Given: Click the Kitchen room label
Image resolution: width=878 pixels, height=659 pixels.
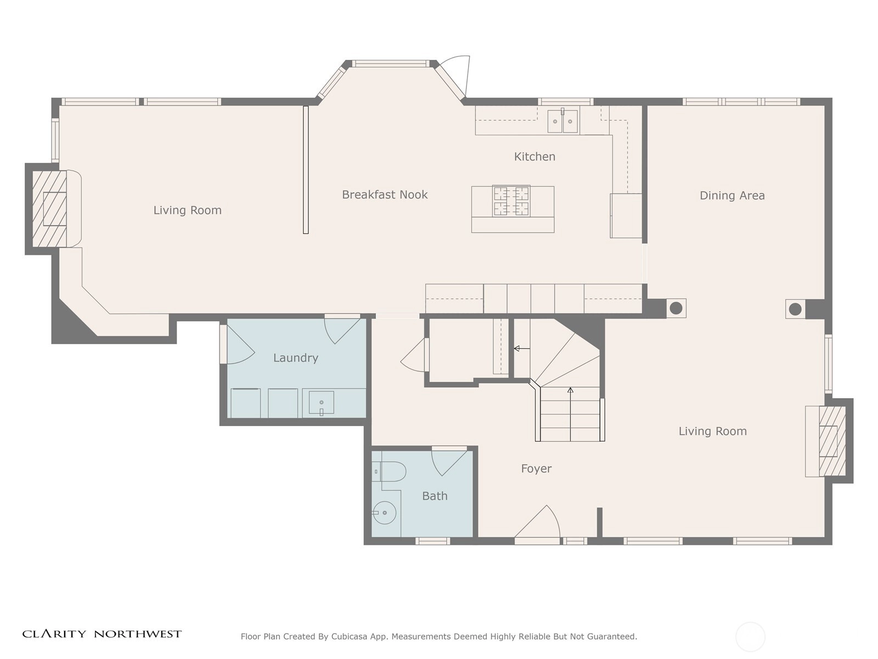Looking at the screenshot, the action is (534, 157).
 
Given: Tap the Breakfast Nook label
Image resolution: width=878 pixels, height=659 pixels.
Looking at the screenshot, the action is (385, 194).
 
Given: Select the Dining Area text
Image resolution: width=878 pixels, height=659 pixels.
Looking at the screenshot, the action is (732, 196).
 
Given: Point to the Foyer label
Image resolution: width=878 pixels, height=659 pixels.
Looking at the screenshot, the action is (536, 468).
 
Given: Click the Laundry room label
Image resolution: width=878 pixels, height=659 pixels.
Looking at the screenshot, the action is (296, 358).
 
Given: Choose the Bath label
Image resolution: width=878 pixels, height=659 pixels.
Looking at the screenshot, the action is (435, 496).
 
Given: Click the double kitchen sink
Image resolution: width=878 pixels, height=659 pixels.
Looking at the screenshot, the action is (562, 121).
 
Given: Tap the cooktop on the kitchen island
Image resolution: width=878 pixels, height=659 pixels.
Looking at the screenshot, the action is (511, 201).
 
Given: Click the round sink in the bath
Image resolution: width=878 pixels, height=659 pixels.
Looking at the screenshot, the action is (384, 512).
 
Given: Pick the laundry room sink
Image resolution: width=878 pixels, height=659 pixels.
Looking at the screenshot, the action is (321, 403).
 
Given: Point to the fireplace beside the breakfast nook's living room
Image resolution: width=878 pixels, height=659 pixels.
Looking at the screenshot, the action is (49, 209).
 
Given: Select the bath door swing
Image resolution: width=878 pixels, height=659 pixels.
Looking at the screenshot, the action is (449, 462).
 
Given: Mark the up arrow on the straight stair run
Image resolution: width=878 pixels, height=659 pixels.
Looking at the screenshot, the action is (570, 414).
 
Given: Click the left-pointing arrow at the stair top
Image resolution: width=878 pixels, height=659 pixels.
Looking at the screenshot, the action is (522, 349).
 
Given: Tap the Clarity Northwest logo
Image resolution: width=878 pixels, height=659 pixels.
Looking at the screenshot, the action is (102, 634).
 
